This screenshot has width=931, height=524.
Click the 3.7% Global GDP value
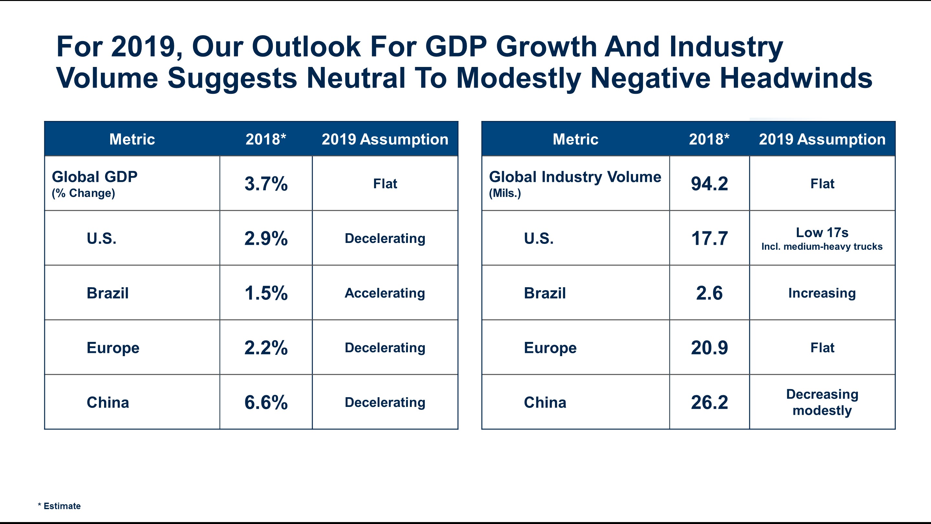[x=266, y=184]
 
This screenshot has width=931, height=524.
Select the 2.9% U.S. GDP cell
[x=266, y=238]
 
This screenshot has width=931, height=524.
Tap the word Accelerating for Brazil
[x=385, y=293]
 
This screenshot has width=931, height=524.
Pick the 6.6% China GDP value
[x=266, y=402]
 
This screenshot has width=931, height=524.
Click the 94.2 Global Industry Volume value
[x=709, y=184]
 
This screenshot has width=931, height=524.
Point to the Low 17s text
[x=822, y=233]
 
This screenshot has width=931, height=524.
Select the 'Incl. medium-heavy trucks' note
[x=822, y=246]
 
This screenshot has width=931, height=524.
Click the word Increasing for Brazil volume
[x=822, y=293]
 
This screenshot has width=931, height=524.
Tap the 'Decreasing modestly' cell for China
[x=822, y=402]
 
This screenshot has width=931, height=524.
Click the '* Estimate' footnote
[x=59, y=506]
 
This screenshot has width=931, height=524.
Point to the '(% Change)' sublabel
[x=83, y=193]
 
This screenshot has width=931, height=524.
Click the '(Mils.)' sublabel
[x=505, y=193]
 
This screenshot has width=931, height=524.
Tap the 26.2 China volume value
[x=709, y=402]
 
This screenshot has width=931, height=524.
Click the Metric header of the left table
[x=132, y=139]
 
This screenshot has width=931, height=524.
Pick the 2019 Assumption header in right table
[x=822, y=139]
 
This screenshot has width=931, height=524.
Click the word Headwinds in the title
[x=796, y=78]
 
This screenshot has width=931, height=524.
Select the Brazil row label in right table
[x=545, y=293]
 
